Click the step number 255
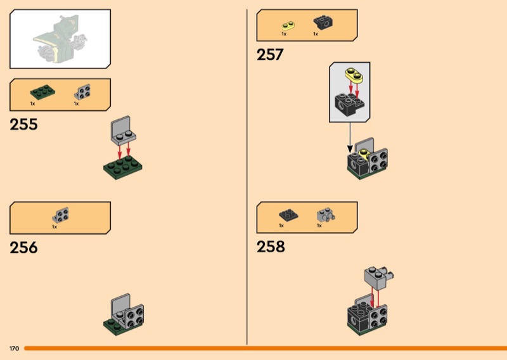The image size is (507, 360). tap(23, 124)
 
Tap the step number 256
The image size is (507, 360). tap(23, 247)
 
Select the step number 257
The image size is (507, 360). tap(270, 55)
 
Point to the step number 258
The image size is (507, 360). tap(271, 247)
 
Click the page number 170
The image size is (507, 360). tap(14, 349)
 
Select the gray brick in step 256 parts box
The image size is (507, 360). tap(61, 215)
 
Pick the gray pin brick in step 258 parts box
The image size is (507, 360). tap(325, 215)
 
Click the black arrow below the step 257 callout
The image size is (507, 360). tap(349, 136)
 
